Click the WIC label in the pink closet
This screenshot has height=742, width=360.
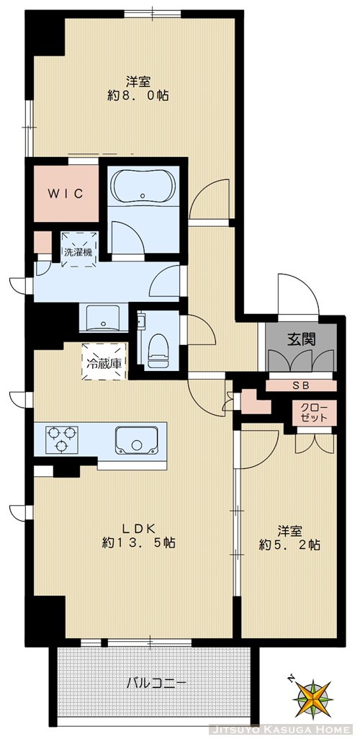67,194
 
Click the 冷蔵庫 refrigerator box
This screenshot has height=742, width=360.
102,358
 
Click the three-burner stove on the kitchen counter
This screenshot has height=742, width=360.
61,439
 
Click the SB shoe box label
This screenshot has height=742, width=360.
300,385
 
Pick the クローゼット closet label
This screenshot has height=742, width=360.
314,414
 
